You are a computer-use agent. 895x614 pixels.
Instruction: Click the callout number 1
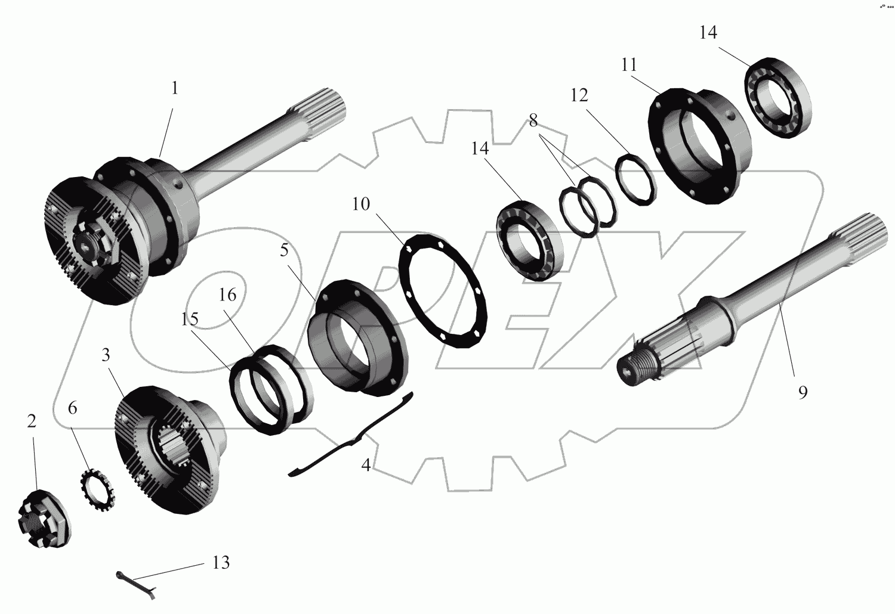click(174, 88)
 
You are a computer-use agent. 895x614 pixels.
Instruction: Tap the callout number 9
click(803, 392)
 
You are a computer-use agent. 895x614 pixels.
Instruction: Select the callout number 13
click(221, 563)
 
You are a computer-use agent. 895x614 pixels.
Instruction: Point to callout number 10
click(361, 204)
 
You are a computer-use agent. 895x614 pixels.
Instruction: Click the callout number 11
click(629, 64)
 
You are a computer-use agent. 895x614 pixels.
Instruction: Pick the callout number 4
click(366, 465)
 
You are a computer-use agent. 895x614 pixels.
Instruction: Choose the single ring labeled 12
click(635, 178)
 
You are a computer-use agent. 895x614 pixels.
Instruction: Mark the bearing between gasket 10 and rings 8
click(527, 238)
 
